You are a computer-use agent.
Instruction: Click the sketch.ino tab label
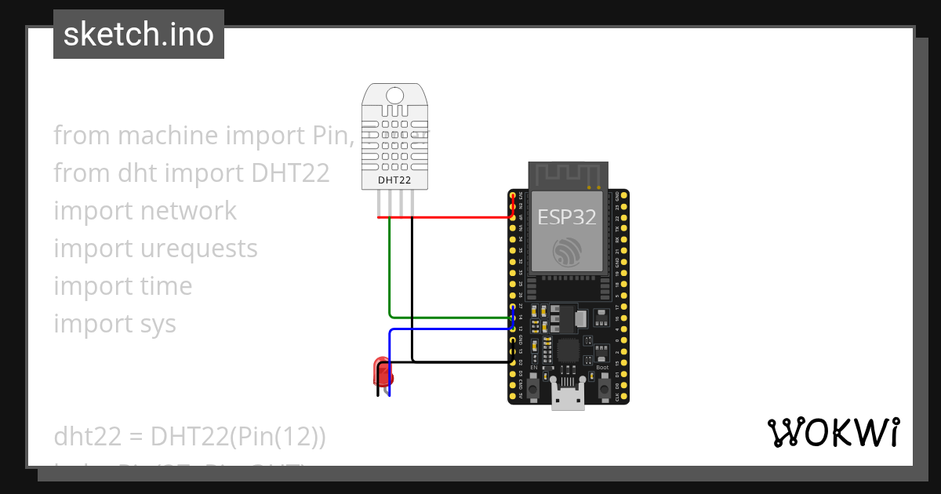pyautogui.click(x=139, y=35)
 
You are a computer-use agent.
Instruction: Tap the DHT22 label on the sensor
pyautogui.click(x=395, y=180)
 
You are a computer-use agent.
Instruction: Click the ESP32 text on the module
pyautogui.click(x=567, y=216)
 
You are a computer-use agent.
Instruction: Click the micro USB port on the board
pyautogui.click(x=568, y=398)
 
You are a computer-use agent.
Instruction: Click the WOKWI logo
pyautogui.click(x=833, y=432)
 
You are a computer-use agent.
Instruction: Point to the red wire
pyautogui.click(x=455, y=217)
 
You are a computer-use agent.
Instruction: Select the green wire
pyautogui.click(x=390, y=274)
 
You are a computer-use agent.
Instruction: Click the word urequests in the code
pyautogui.click(x=199, y=249)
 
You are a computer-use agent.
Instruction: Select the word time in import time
pyautogui.click(x=166, y=286)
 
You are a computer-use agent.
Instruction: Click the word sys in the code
pyautogui.click(x=158, y=324)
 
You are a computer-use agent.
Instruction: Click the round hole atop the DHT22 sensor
pyautogui.click(x=395, y=95)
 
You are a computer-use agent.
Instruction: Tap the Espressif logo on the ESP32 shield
pyautogui.click(x=567, y=252)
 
